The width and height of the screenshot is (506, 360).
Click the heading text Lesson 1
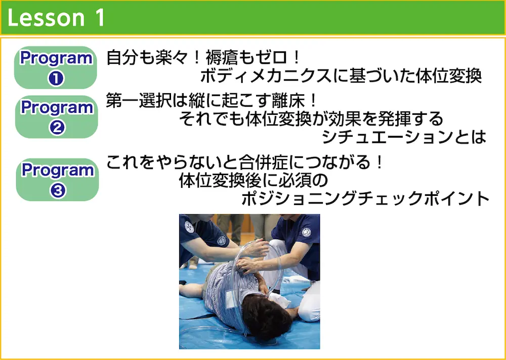click(x=56, y=17)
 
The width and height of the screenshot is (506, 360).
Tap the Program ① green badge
click(x=56, y=67)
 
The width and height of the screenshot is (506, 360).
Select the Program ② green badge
click(x=57, y=117)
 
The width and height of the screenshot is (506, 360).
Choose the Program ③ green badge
click(x=58, y=180)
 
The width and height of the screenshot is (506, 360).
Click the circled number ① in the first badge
click(x=56, y=78)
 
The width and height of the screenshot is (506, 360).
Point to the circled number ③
click(x=58, y=190)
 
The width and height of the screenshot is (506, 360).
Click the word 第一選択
click(x=139, y=101)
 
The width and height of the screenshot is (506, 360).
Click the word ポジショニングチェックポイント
click(x=366, y=198)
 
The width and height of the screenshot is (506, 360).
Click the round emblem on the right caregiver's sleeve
click(x=306, y=232)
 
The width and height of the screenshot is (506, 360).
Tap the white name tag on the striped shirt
click(x=231, y=299)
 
